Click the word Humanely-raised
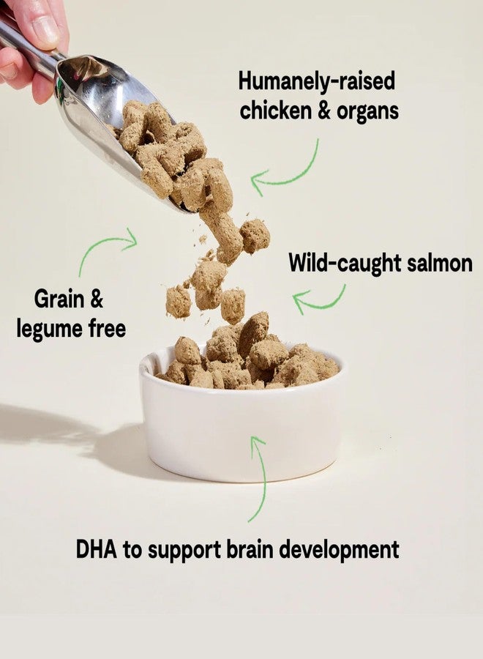(317, 81)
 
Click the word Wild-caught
(345, 264)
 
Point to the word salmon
(440, 264)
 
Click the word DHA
(97, 549)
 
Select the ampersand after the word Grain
(96, 299)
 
